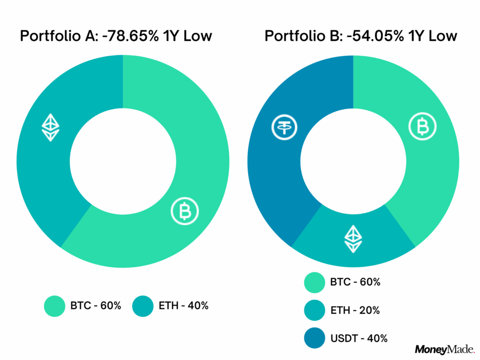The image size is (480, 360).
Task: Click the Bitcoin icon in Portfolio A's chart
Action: coord(185,211)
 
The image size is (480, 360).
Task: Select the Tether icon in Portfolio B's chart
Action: coord(284,128)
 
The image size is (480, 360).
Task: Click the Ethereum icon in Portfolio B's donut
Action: coord(353,239)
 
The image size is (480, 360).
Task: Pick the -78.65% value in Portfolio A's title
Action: coord(131,36)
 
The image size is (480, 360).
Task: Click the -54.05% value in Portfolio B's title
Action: coord(375,36)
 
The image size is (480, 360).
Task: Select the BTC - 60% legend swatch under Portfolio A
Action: coord(54,306)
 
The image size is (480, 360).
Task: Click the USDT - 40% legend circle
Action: coord(315,337)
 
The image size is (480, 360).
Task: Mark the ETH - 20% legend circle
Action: coord(315,310)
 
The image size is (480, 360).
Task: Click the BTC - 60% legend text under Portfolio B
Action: coord(355,282)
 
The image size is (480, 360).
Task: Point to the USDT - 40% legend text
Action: coord(359,337)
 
